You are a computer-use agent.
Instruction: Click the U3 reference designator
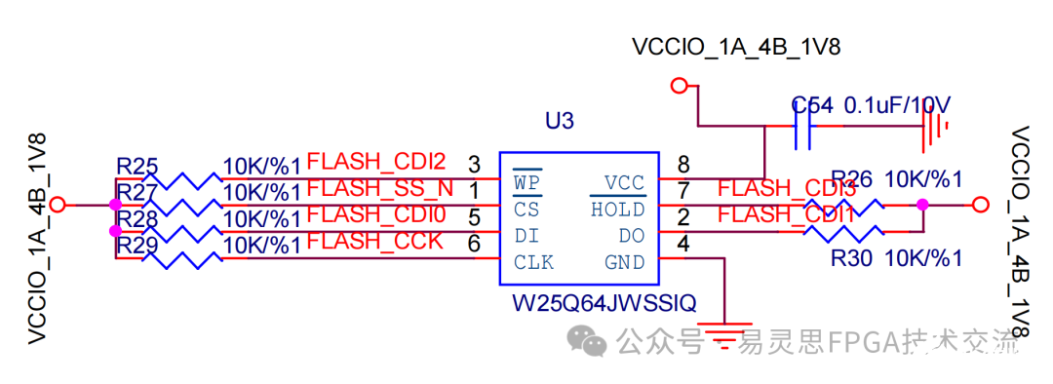[560, 122]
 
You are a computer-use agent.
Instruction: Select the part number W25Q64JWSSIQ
[604, 304]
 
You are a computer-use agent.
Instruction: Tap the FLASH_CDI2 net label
[376, 161]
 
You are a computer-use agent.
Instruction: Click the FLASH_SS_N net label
[380, 187]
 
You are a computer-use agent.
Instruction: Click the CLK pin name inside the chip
[534, 262]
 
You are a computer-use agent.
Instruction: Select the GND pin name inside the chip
[624, 262]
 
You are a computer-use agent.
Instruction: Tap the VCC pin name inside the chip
[624, 182]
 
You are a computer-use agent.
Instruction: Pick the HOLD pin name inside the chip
[618, 210]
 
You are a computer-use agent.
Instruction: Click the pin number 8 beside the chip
[683, 164]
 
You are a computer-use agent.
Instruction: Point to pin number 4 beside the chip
[683, 244]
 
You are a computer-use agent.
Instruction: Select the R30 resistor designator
[850, 259]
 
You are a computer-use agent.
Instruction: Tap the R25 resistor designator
[136, 166]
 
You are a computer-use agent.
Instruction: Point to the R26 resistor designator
[851, 179]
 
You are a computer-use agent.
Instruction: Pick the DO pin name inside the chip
[631, 236]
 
